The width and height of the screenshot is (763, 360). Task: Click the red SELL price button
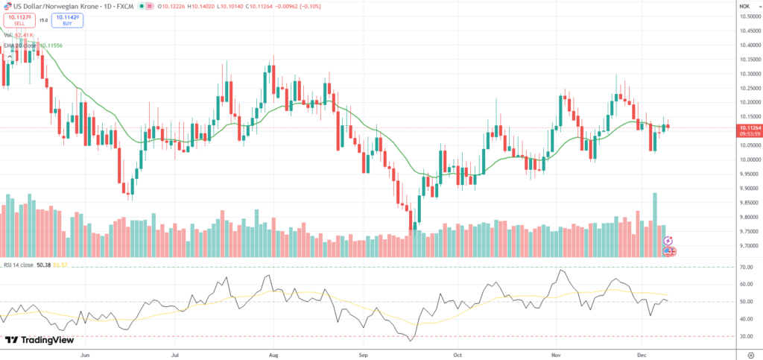[x=19, y=21]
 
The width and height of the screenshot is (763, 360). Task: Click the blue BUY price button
[x=67, y=21]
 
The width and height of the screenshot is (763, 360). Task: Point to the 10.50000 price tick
[x=749, y=16]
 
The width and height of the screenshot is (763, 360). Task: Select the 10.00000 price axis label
[x=749, y=160]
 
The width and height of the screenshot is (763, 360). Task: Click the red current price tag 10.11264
[x=750, y=128]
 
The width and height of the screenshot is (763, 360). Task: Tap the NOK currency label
[x=744, y=6]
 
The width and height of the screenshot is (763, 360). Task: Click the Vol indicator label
[x=8, y=35]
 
